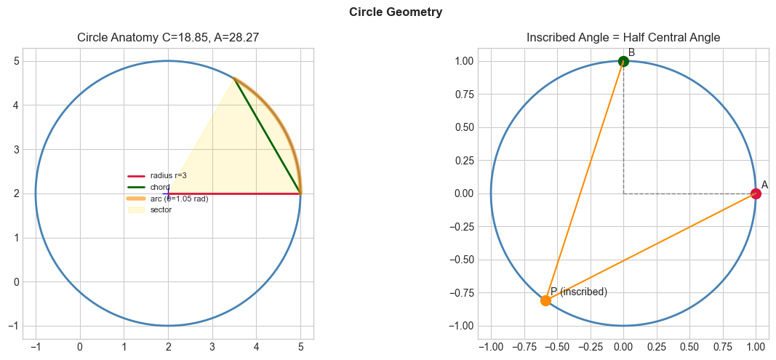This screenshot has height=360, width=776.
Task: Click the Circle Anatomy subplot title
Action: click(168, 38)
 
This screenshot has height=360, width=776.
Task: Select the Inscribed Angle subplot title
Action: click(623, 38)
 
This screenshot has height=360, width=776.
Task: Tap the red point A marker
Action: click(756, 193)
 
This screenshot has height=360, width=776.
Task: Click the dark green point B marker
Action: click(623, 61)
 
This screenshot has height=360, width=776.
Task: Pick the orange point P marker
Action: click(545, 300)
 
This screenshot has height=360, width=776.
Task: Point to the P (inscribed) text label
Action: click(579, 292)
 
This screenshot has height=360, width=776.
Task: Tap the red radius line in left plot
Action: click(233, 193)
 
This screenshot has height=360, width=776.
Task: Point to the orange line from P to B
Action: click(584, 181)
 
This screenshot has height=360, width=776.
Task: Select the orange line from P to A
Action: click(650, 247)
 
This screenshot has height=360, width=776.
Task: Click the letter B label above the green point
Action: click(631, 52)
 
